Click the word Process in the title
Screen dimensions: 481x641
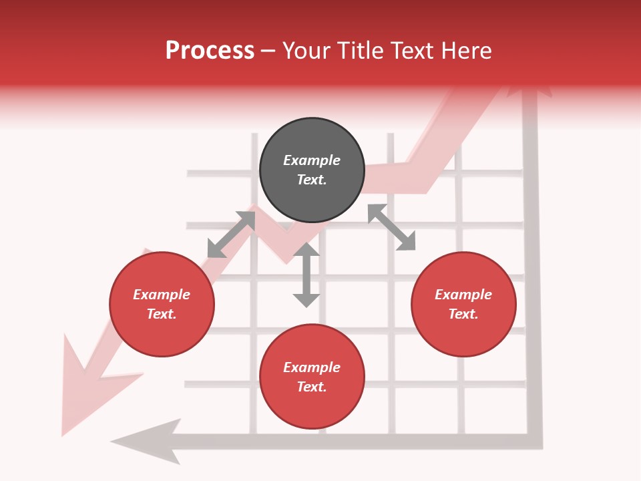(210, 51)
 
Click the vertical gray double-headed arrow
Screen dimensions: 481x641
(306, 275)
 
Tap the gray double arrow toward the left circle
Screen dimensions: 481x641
(231, 234)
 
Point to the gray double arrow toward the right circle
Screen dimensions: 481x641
(391, 227)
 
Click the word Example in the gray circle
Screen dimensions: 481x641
(312, 160)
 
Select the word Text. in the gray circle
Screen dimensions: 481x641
(312, 180)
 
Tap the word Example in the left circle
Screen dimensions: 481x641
(162, 295)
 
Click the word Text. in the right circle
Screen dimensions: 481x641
(463, 314)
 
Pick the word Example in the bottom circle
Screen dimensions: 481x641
(312, 367)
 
